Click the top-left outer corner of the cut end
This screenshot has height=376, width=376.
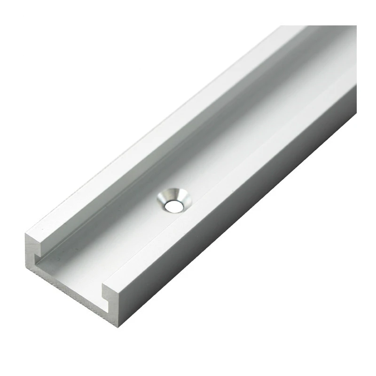26,233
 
